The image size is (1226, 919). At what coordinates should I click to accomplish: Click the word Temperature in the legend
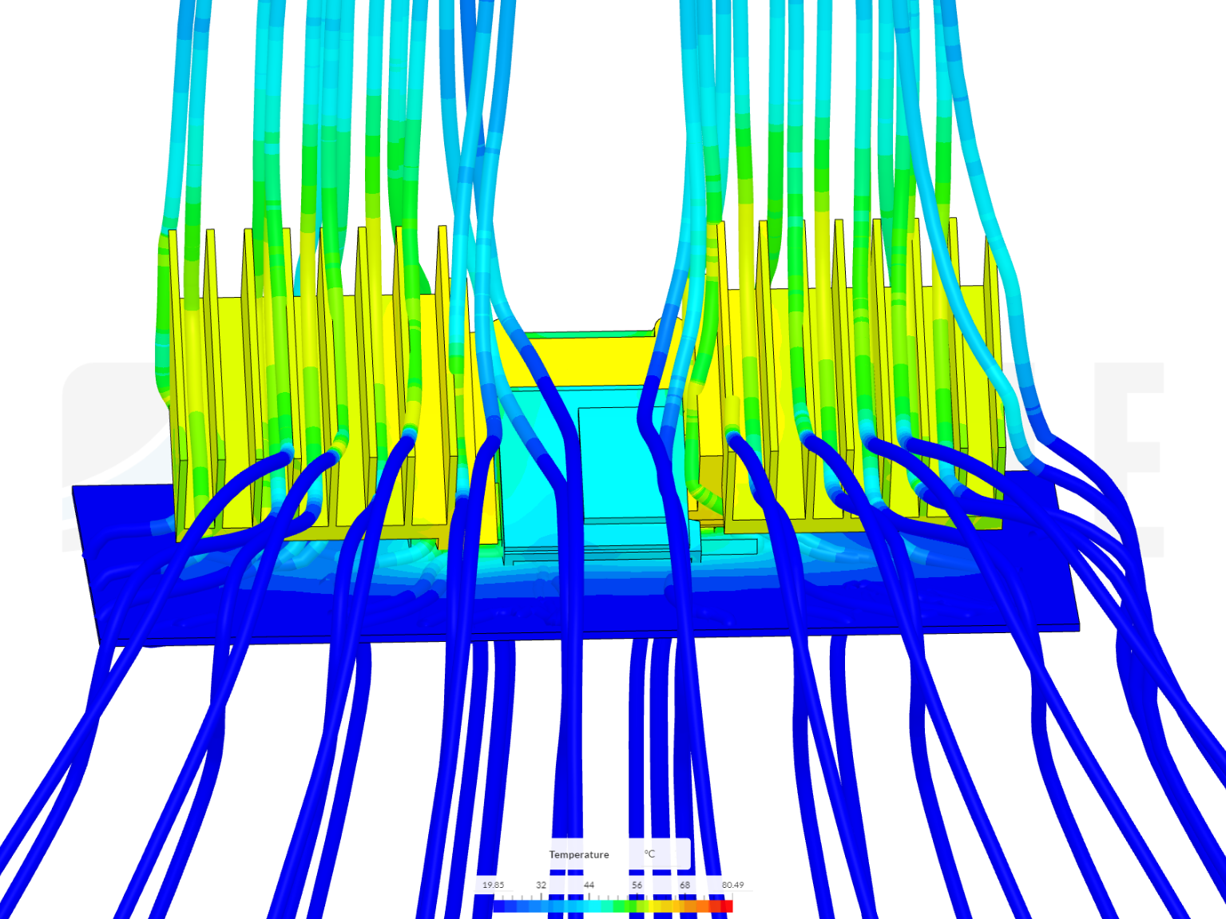(578, 854)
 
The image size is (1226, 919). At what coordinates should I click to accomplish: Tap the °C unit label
(649, 854)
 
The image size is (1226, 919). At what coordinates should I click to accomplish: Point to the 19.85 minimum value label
(493, 885)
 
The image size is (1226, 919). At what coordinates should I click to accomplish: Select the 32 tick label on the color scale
(541, 885)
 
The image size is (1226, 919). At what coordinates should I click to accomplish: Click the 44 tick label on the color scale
(589, 885)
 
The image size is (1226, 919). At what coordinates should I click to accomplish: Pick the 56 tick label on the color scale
(637, 885)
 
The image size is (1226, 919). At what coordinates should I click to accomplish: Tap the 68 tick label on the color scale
(684, 885)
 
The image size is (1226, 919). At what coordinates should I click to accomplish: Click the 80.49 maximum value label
(733, 885)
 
